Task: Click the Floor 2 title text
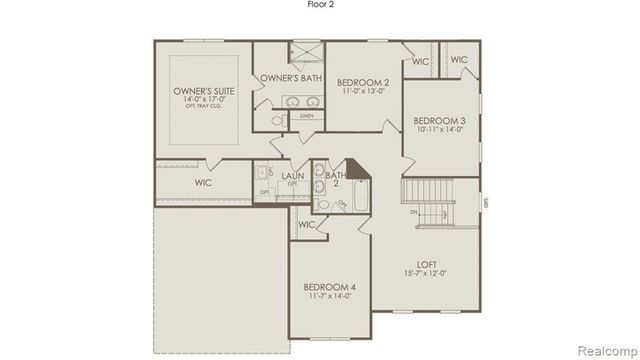click(x=319, y=5)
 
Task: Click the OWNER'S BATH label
click(x=288, y=78)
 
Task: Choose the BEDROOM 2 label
click(x=362, y=82)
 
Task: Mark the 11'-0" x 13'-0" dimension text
click(x=362, y=92)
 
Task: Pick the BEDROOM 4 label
click(x=330, y=288)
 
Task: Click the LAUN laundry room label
click(x=292, y=176)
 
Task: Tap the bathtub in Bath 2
click(x=358, y=189)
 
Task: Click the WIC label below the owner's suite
click(x=203, y=183)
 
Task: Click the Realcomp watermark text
click(x=604, y=349)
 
